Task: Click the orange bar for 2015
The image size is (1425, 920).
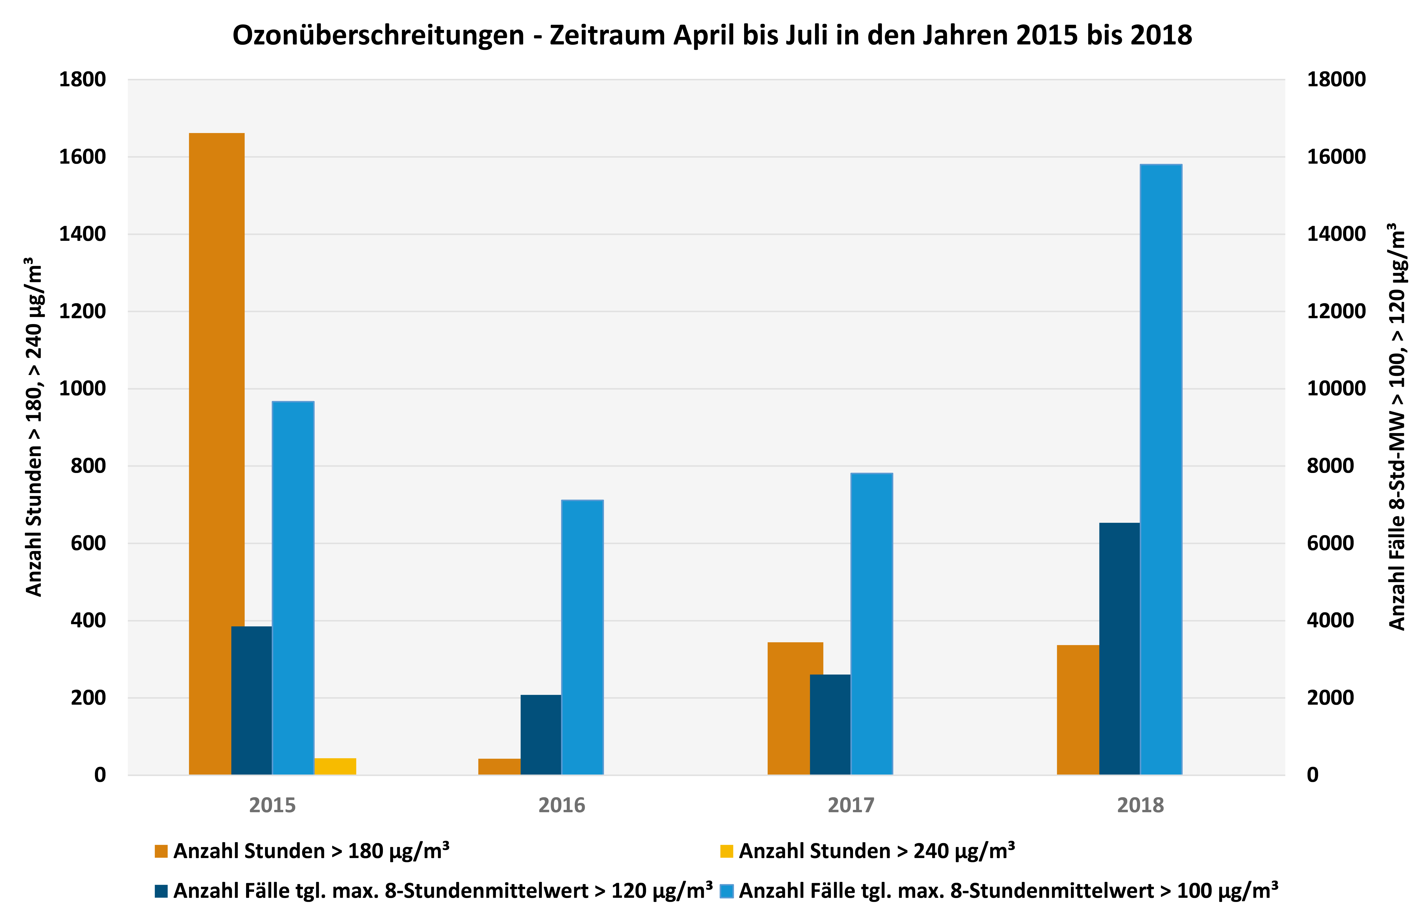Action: [216, 454]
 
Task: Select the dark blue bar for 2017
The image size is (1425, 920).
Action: [830, 725]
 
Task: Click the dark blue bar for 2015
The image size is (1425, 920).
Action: [251, 700]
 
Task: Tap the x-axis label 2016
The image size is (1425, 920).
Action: [561, 805]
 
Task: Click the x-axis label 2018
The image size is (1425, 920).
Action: [1140, 805]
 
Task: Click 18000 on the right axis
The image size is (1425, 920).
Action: [1336, 79]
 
